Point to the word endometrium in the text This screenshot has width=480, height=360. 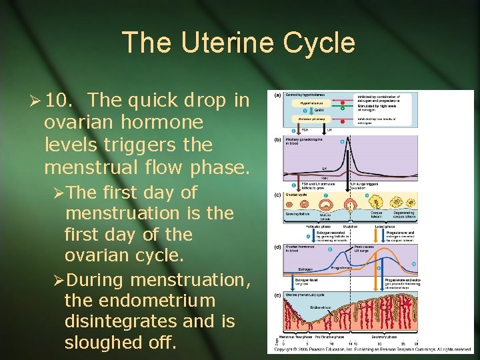(140, 299)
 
